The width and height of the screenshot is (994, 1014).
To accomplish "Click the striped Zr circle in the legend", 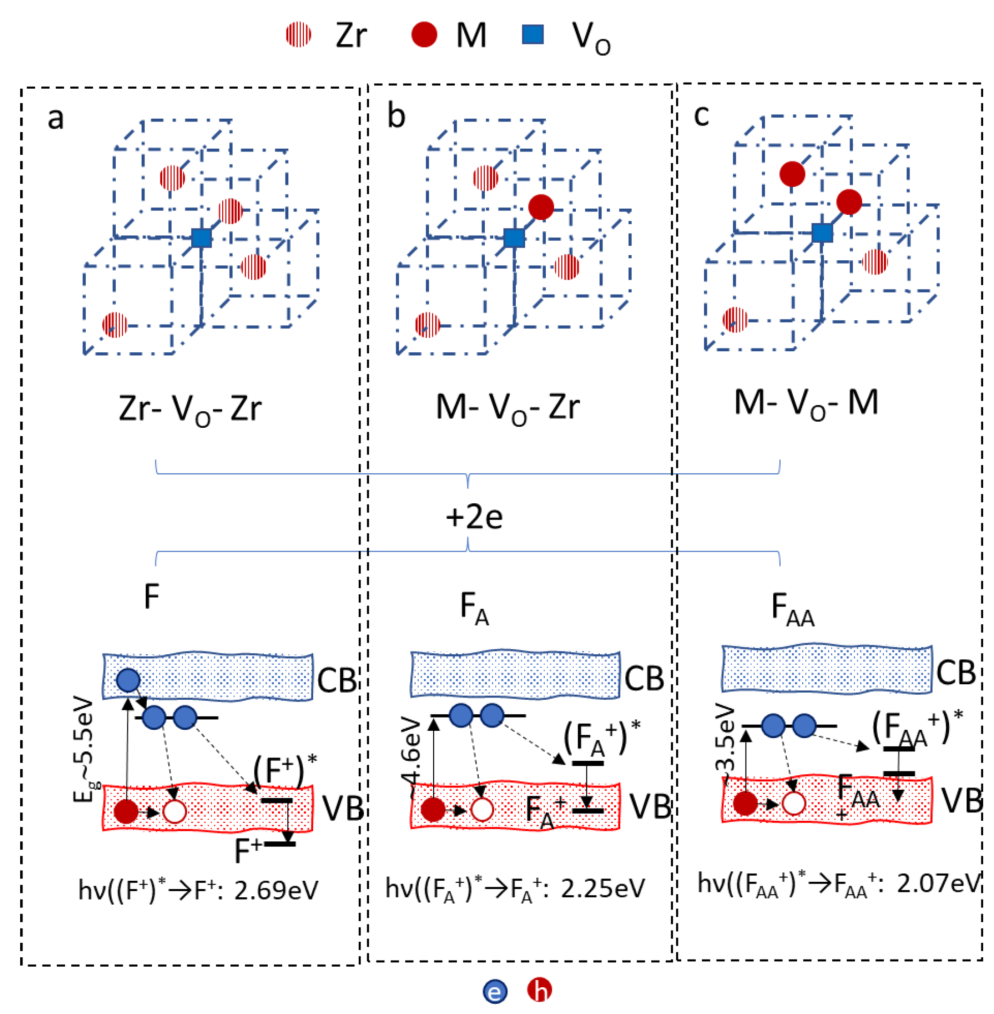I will (299, 35).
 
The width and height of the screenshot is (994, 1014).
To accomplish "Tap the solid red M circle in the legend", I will (424, 35).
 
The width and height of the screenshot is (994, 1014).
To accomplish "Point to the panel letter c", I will (701, 115).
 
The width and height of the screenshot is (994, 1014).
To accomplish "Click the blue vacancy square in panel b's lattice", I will (514, 238).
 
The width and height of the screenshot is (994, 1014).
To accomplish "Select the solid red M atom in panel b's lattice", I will (541, 207).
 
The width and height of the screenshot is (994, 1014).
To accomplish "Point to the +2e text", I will (474, 517).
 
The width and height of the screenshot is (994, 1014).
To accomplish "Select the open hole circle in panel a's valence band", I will (175, 811).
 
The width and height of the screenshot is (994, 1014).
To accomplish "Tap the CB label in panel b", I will (644, 678).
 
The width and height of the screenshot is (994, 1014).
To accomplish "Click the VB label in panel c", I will (961, 801).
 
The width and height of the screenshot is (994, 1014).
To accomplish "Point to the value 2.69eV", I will (276, 891).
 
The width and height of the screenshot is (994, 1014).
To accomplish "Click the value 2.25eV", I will (603, 889).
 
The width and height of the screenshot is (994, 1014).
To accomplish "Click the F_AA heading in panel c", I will (792, 609).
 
